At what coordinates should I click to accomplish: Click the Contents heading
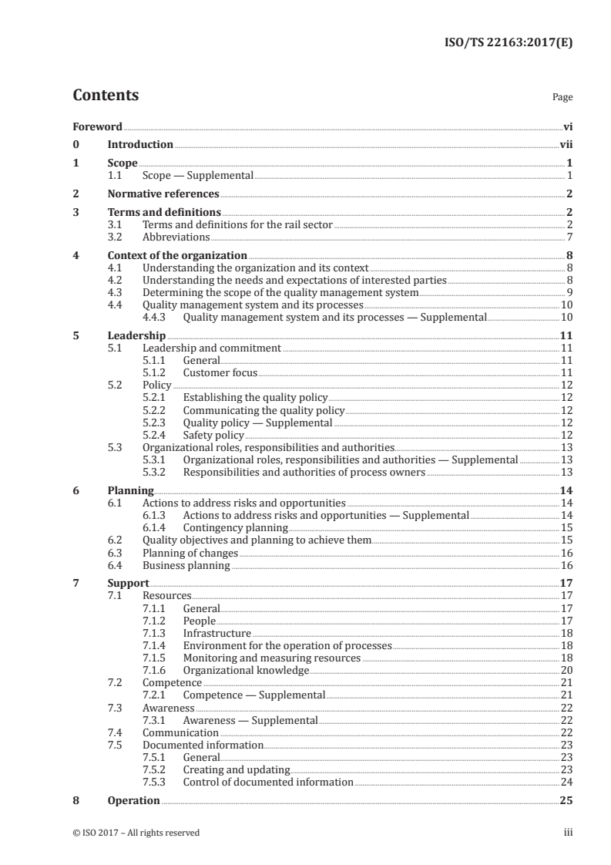click(x=106, y=96)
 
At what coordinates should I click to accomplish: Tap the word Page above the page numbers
click(x=562, y=98)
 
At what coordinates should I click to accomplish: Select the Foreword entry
click(x=97, y=126)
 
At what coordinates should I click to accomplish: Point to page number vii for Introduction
click(x=566, y=144)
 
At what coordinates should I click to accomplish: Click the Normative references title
click(x=163, y=194)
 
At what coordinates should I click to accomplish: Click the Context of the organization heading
click(x=177, y=255)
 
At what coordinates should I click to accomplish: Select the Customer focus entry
click(x=220, y=372)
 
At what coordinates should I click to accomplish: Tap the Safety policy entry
click(x=213, y=435)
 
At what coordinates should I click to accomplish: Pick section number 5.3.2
click(x=156, y=472)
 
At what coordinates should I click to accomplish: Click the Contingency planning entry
click(x=235, y=527)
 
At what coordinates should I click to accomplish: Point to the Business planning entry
click(x=186, y=565)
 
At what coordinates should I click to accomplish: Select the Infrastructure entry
click(x=217, y=633)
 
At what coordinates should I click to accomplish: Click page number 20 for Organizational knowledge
click(x=566, y=670)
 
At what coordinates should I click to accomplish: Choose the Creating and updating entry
click(x=236, y=769)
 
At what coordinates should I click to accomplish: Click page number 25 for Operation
click(x=566, y=800)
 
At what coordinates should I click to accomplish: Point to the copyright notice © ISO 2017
click(x=136, y=833)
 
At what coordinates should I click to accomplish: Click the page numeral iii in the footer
click(x=568, y=833)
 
